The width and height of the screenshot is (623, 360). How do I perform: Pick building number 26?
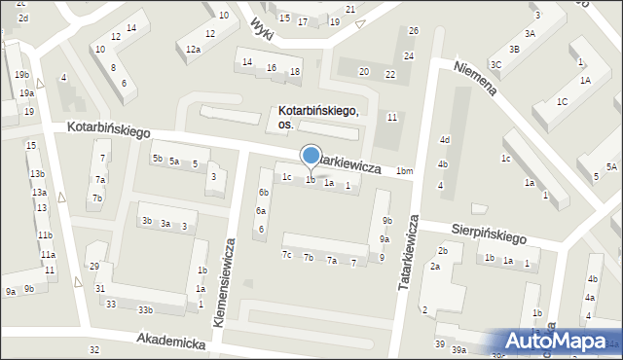(414, 31)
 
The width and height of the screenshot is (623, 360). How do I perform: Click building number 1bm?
(404, 172)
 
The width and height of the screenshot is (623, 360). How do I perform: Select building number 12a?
(193, 49)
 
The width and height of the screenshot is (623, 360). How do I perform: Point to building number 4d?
(444, 140)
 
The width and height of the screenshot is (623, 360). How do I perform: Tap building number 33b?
(144, 309)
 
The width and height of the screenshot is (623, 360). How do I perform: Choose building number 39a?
(458, 349)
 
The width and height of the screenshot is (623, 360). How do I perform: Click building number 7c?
(286, 255)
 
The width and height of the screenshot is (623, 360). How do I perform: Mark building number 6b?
(263, 193)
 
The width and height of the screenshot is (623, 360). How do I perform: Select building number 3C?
(495, 64)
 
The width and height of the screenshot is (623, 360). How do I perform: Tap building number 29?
(94, 267)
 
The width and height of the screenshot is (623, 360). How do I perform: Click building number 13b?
(37, 173)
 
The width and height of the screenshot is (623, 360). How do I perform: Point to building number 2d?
(22, 18)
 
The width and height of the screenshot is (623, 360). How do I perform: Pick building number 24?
(409, 56)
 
